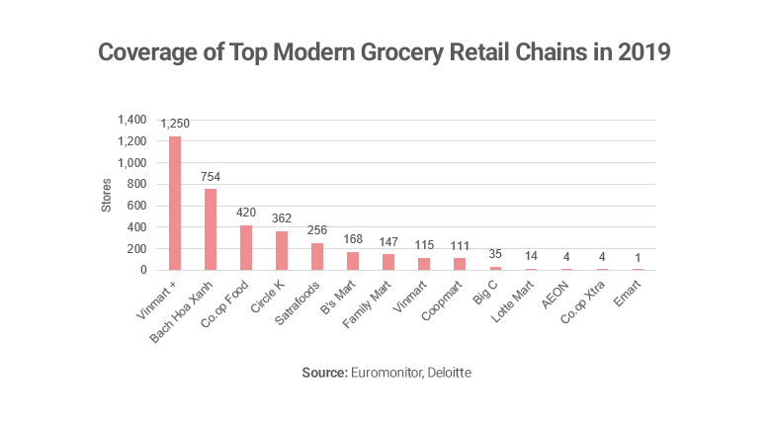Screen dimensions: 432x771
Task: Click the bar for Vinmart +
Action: tap(175, 203)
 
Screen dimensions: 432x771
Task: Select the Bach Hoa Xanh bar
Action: tap(211, 229)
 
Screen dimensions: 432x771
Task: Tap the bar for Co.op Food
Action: tap(246, 247)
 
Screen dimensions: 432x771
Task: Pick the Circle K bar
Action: tap(281, 250)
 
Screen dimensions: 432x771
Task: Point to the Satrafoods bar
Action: tap(316, 256)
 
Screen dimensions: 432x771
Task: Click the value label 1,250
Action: tap(175, 124)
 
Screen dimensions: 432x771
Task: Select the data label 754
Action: tap(211, 177)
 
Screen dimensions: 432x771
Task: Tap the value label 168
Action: tap(352, 239)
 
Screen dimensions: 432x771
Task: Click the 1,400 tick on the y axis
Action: tap(132, 119)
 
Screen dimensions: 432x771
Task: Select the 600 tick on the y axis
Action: tap(137, 205)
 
